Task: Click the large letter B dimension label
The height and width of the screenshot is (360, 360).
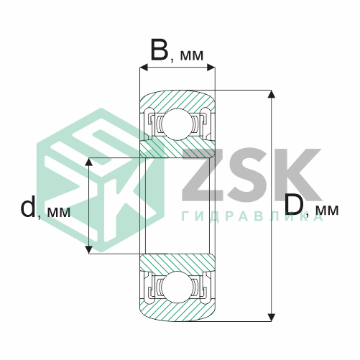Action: pos(160,50)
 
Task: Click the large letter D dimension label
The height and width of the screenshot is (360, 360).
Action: pos(294,204)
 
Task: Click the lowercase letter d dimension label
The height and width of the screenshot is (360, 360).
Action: pos(28,206)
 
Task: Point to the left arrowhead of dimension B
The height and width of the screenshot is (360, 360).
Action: pos(144,68)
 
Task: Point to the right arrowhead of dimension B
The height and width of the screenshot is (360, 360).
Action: pos(211,68)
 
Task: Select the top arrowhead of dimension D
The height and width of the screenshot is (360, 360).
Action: pos(271,94)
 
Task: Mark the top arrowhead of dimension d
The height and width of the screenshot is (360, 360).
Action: pos(89,162)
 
